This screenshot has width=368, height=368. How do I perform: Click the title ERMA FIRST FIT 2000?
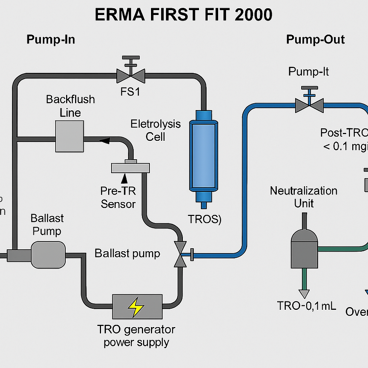pyautogui.click(x=184, y=15)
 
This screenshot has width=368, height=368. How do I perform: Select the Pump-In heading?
pyautogui.click(x=51, y=40)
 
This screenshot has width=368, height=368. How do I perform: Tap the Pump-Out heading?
pyautogui.click(x=315, y=39)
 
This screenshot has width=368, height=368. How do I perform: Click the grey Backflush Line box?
pyautogui.click(x=69, y=136)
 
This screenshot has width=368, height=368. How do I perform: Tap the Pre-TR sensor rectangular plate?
pyautogui.click(x=130, y=167)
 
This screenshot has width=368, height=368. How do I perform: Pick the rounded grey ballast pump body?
pyautogui.click(x=48, y=255)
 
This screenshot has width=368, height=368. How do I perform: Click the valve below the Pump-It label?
pyautogui.click(x=309, y=105)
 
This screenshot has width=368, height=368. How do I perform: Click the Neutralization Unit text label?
pyautogui.click(x=303, y=197)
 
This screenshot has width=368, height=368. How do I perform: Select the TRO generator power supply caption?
pyautogui.click(x=136, y=336)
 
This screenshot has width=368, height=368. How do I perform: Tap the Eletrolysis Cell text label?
pyautogui.click(x=155, y=130)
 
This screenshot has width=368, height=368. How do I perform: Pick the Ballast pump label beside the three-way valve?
pyautogui.click(x=127, y=253)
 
